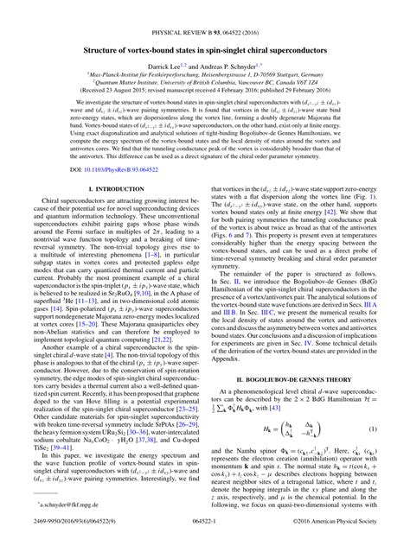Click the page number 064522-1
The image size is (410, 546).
(x=205, y=536)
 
